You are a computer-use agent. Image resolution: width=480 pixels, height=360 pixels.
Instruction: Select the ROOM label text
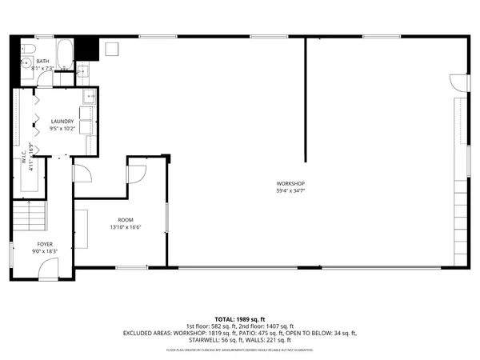(x=125, y=219)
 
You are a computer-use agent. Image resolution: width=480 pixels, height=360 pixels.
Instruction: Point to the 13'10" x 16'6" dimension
(x=125, y=226)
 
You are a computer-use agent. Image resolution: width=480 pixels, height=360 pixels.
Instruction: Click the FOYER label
(x=45, y=244)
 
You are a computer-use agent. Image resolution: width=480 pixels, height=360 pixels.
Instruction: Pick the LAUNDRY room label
(x=62, y=121)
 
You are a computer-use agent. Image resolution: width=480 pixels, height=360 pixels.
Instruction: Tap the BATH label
(x=42, y=62)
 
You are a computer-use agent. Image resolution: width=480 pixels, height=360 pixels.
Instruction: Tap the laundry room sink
(x=90, y=98)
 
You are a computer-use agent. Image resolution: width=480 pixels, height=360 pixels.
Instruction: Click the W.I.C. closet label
(x=24, y=160)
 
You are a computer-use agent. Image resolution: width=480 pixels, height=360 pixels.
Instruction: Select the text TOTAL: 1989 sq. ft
(x=240, y=319)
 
